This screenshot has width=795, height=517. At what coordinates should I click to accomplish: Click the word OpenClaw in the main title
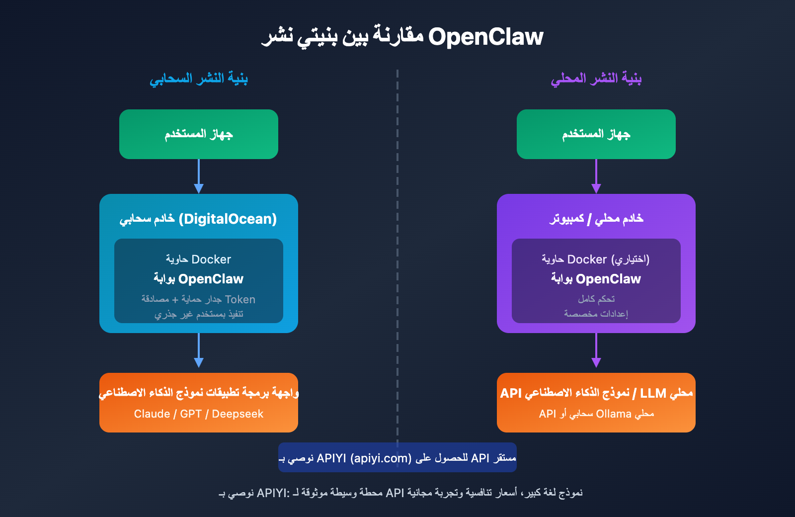click(485, 37)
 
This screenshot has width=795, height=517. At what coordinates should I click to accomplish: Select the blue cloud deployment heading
click(199, 79)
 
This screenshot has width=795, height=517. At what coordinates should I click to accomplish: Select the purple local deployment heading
click(596, 79)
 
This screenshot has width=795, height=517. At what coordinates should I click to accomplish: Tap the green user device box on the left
click(199, 134)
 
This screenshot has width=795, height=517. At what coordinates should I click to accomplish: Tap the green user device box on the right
click(596, 134)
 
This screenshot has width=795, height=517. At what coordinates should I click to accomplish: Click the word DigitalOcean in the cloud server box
click(228, 219)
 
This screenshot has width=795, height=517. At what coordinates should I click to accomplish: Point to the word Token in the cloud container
click(240, 299)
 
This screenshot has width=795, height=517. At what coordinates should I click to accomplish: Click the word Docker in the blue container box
click(211, 259)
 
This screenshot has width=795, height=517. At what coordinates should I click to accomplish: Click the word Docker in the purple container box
click(587, 259)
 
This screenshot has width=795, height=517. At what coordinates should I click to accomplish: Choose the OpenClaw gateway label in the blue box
click(199, 279)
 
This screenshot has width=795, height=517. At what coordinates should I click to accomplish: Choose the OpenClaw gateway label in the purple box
click(596, 279)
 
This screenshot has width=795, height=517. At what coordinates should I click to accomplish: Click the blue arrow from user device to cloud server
click(199, 176)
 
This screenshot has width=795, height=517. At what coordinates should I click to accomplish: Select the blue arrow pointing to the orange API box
click(199, 350)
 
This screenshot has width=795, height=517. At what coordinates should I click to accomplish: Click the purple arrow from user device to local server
click(596, 176)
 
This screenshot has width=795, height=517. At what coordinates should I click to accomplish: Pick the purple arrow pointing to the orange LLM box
click(596, 350)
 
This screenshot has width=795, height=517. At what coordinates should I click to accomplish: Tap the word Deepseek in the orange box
click(238, 414)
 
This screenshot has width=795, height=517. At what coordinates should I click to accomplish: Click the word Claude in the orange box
click(152, 414)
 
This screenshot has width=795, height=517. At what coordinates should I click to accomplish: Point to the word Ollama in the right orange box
click(614, 414)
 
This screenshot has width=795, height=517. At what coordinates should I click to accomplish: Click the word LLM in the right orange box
click(653, 393)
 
